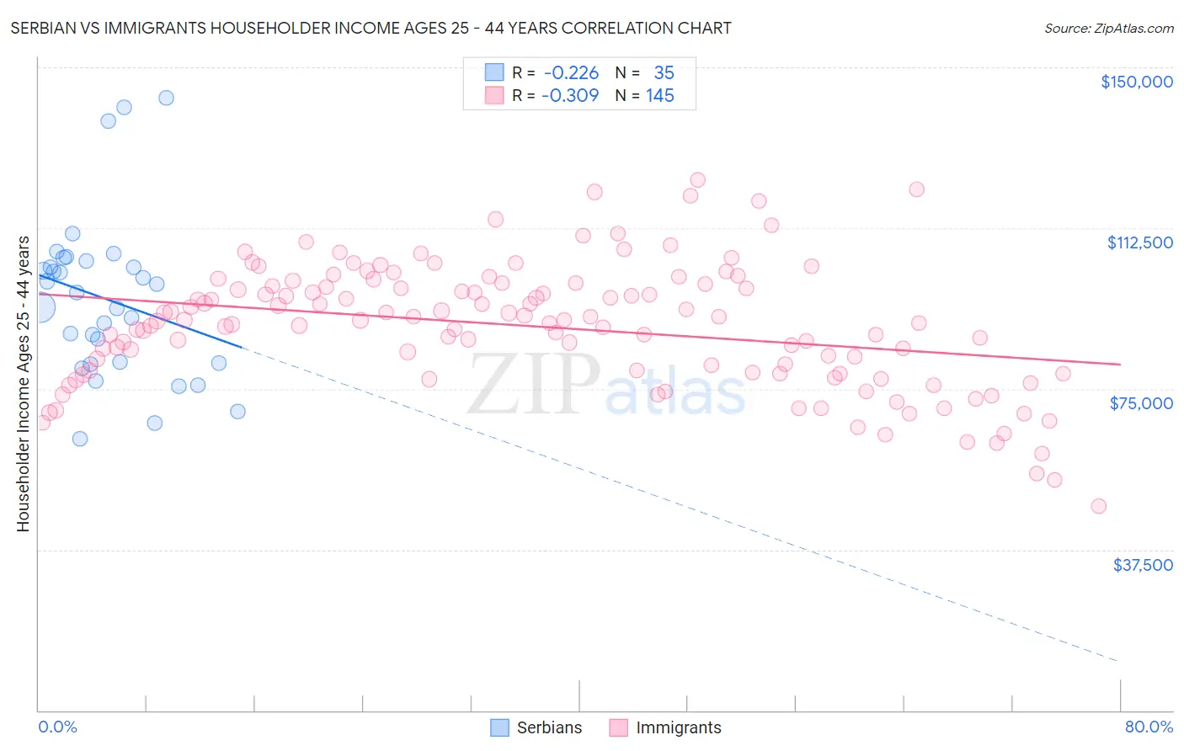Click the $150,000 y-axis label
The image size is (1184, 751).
(x=1136, y=82)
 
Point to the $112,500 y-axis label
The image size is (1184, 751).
(x=1139, y=242)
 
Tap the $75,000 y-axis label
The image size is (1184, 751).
(x=1141, y=403)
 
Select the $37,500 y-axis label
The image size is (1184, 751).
(x=1143, y=565)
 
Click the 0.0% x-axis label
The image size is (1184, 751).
(x=57, y=727)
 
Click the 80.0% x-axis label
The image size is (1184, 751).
(x=1149, y=727)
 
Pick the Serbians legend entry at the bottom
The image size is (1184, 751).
(x=536, y=727)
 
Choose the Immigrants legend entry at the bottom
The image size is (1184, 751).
(x=665, y=727)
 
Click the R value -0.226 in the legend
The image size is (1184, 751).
(x=571, y=73)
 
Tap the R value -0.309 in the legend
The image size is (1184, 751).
(x=569, y=95)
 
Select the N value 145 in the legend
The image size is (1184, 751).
(x=660, y=95)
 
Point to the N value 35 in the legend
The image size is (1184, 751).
(x=664, y=73)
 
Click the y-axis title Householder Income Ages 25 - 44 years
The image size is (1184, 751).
(x=23, y=384)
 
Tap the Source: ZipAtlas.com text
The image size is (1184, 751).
(x=1108, y=28)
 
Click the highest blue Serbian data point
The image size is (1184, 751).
(x=166, y=98)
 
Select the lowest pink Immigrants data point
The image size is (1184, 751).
(x=1098, y=506)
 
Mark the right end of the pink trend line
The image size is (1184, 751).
(x=1120, y=364)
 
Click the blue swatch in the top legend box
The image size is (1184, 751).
(x=493, y=73)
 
